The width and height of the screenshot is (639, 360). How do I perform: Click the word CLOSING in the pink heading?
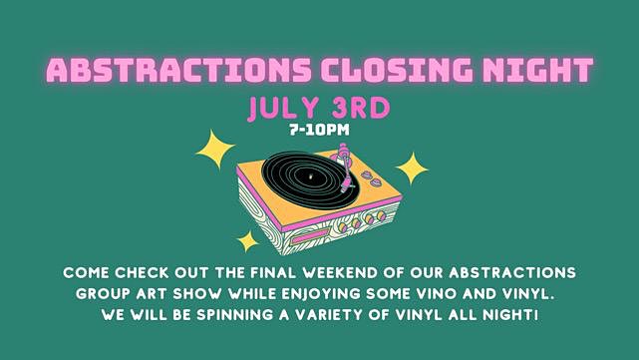397,70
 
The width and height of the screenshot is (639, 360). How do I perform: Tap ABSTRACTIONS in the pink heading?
178,70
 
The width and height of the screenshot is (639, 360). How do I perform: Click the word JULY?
284,108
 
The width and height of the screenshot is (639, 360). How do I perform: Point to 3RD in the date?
361,108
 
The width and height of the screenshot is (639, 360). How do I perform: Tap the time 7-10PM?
319,130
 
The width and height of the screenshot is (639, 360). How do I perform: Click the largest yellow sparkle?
215,149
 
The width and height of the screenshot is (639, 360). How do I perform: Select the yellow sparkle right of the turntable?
412,168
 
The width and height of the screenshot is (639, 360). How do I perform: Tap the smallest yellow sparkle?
247,241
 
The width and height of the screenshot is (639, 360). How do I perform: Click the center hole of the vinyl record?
311,177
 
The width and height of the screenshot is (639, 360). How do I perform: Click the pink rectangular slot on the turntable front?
310,236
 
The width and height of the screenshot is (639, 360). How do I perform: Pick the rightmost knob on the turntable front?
381,215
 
